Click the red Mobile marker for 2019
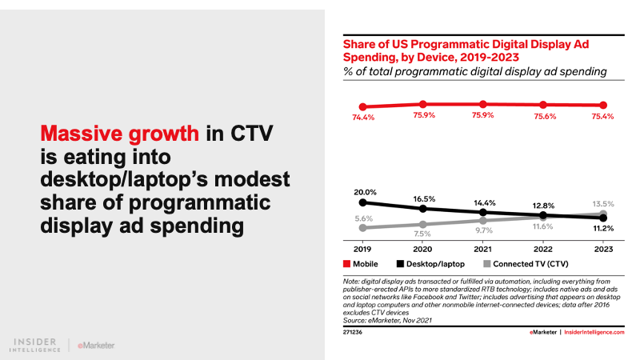[363, 106]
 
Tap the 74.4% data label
[363, 119]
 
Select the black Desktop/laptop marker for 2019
[363, 202]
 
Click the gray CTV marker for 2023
[603, 214]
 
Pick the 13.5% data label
[603, 203]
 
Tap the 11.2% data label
[603, 229]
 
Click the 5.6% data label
[363, 217]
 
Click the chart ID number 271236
[354, 329]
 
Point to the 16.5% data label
[423, 198]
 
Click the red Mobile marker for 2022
[543, 105]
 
